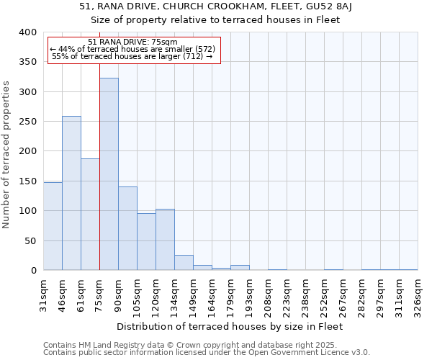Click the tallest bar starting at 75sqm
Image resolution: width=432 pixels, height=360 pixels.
click(109, 174)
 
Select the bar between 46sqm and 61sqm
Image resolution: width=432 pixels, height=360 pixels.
click(71, 193)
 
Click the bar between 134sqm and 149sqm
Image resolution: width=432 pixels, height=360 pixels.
click(184, 263)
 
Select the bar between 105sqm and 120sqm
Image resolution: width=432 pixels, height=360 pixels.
click(146, 242)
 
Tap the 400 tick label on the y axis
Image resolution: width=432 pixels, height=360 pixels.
click(27, 32)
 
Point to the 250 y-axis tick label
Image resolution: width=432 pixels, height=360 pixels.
click(27, 122)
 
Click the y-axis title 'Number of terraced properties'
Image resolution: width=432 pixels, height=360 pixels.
click(6, 154)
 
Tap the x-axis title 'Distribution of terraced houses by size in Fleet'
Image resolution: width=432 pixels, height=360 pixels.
click(230, 326)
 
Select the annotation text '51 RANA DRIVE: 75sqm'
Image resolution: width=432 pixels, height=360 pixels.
click(132, 42)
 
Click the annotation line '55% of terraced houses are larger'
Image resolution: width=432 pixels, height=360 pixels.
click(132, 56)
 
